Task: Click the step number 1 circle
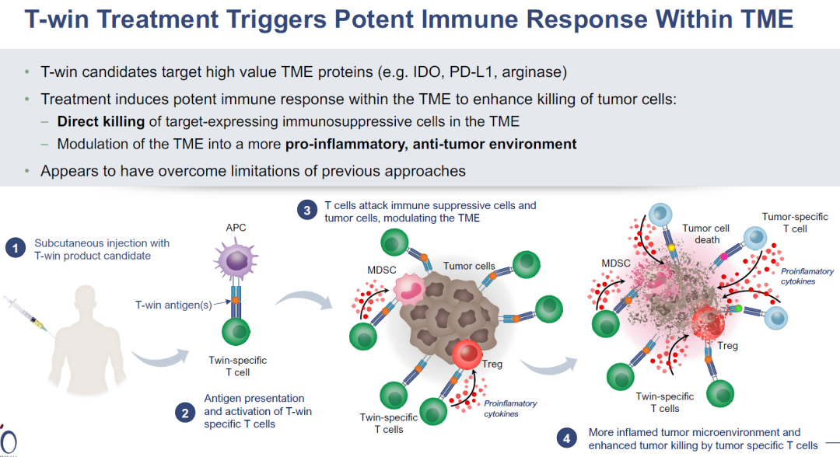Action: point(16,249)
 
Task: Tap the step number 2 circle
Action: point(185,412)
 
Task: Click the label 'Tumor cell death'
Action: point(707,234)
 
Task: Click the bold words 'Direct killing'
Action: point(100,121)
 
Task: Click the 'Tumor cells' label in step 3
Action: point(469,266)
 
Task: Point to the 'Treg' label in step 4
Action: point(727,346)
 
